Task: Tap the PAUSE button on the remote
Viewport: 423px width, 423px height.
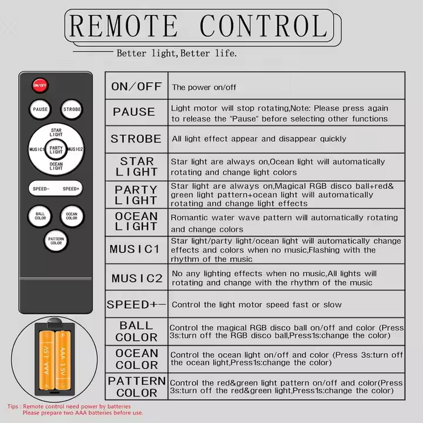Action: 40,109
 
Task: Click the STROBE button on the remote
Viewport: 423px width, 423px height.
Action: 71,109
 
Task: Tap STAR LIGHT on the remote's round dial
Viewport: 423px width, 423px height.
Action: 56,133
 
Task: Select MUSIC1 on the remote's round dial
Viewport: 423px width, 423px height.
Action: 36,149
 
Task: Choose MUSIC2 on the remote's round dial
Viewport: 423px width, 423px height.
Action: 75,149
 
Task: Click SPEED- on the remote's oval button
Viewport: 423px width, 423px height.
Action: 41,189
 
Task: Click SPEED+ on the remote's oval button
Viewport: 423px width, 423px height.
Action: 71,189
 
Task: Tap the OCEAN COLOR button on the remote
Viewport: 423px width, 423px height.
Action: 72,216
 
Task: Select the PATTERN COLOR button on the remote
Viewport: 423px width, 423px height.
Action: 56,241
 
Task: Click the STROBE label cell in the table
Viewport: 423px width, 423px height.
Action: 136,139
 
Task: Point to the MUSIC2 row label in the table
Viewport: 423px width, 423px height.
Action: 137,279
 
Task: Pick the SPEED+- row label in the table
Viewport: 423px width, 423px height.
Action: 136,305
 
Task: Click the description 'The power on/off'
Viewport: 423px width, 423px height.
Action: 204,87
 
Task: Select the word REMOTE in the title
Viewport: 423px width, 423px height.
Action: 123,25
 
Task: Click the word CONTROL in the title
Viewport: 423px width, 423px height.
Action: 264,25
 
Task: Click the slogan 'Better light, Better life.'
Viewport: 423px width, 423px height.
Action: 177,53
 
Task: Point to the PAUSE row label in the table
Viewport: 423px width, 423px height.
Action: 134,112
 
